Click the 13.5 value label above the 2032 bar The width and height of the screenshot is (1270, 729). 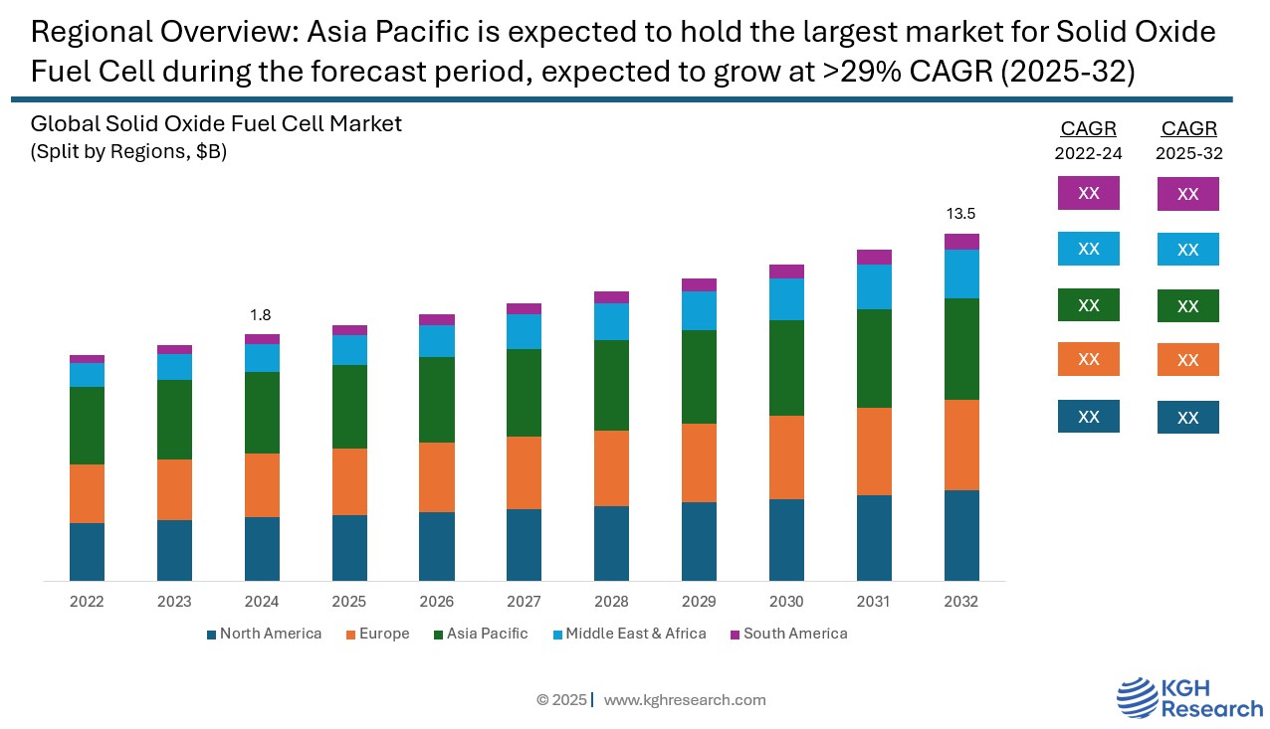(x=960, y=214)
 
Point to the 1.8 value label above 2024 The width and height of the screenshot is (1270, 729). (x=261, y=315)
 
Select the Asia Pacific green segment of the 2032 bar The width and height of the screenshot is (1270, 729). (x=961, y=349)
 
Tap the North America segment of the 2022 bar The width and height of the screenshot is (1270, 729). (x=87, y=552)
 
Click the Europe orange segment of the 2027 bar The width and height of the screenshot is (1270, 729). (x=524, y=473)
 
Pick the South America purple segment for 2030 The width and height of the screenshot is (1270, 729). (x=786, y=272)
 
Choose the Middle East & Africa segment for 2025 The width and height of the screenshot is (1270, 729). (x=349, y=350)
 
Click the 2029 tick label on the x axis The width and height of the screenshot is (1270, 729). (x=699, y=602)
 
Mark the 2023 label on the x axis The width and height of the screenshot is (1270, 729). (x=174, y=602)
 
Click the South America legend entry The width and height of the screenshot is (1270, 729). (x=788, y=634)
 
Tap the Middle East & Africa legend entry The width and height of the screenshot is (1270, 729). (x=628, y=634)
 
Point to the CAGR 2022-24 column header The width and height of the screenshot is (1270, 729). (x=1088, y=140)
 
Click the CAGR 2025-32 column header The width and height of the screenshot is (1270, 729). (x=1188, y=140)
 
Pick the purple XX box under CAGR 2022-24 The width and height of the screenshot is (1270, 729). (x=1088, y=193)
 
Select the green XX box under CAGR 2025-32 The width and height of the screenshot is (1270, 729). (x=1187, y=306)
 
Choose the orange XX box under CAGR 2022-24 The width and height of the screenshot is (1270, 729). (x=1088, y=359)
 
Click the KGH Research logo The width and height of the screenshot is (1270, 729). (x=1188, y=698)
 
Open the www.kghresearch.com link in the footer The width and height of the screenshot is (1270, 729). (x=685, y=700)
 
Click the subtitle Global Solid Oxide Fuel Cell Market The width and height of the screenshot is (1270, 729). (x=216, y=124)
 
